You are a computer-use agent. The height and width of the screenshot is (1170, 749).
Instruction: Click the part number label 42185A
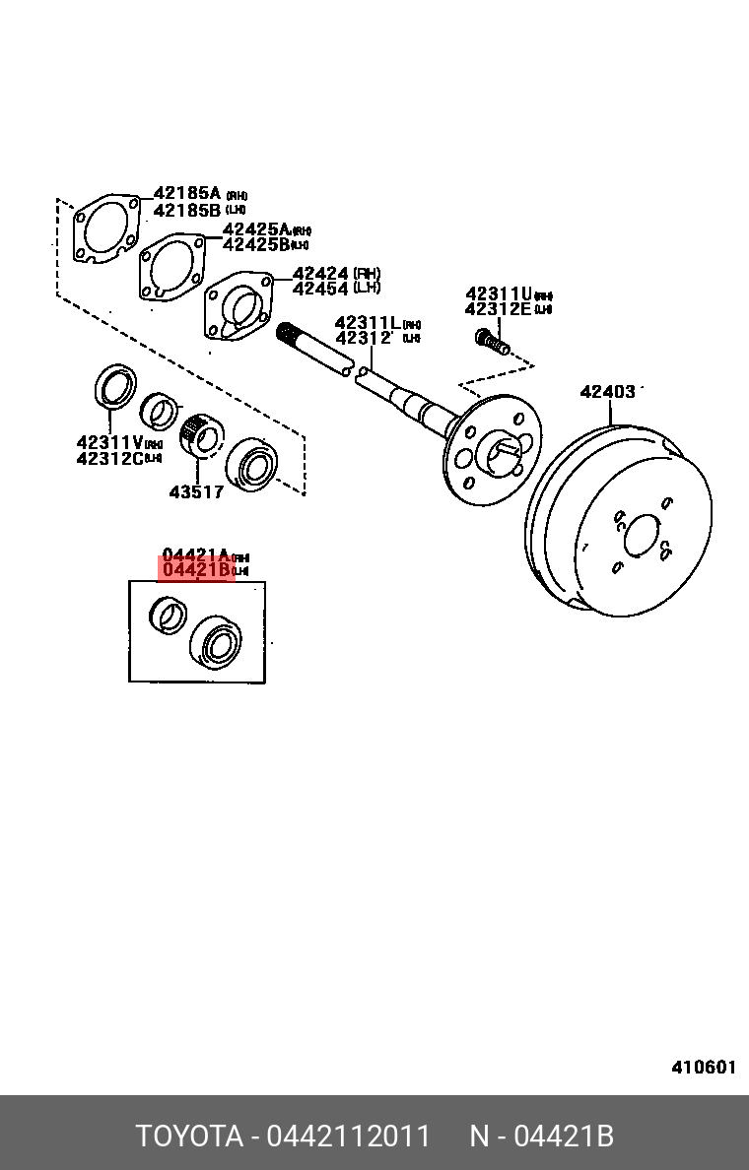tap(187, 194)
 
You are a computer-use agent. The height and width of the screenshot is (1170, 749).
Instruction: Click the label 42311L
tap(368, 323)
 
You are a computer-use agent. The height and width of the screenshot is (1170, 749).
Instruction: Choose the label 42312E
tap(499, 309)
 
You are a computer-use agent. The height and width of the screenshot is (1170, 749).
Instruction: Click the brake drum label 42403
tap(607, 392)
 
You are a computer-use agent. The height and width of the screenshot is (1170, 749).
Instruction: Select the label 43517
tap(196, 491)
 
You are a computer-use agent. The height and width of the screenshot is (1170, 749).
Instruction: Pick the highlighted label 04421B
tap(196, 569)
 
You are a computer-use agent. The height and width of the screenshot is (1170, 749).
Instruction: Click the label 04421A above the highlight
tap(196, 554)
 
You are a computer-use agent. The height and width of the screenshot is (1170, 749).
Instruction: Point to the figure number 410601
tap(704, 1068)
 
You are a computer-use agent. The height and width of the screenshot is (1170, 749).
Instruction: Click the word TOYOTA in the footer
tap(189, 1137)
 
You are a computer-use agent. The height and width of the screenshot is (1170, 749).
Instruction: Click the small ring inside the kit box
tap(167, 615)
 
